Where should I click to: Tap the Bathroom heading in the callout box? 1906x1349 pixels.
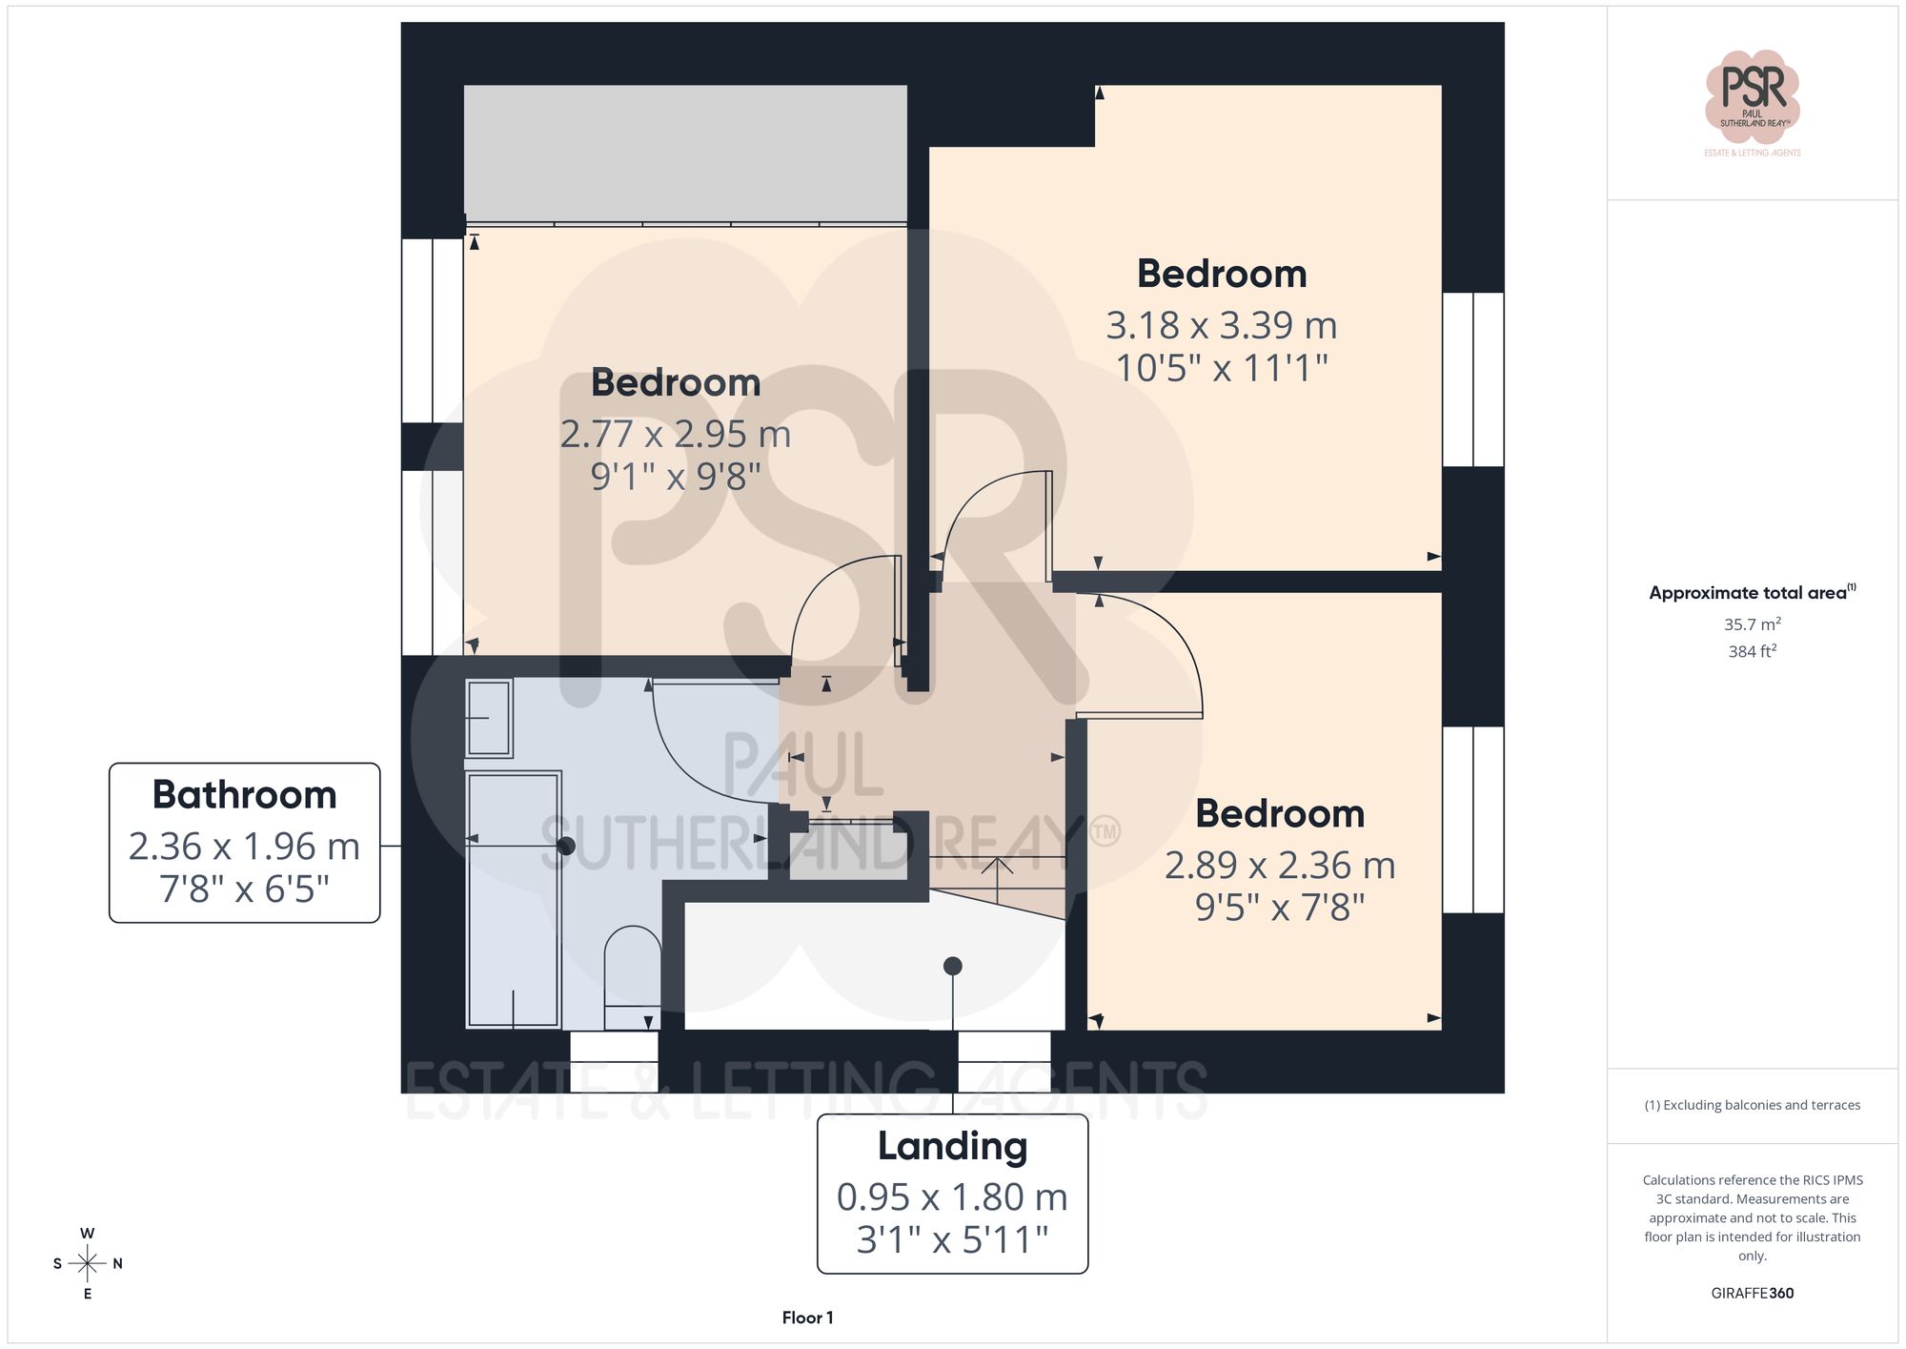tap(245, 795)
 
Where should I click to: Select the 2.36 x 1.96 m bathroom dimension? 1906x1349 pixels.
tap(245, 847)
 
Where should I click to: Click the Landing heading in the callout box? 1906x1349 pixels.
tap(952, 1146)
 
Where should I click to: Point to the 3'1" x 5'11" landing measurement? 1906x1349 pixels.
tap(952, 1239)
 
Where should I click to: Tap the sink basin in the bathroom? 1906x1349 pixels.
tap(489, 717)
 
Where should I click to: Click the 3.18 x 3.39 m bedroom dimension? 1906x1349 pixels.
tap(1221, 326)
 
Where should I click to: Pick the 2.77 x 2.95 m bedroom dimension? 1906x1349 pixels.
tap(675, 435)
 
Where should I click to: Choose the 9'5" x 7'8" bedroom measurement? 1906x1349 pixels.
tap(1279, 908)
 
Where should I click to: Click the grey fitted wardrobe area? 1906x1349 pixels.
tap(685, 153)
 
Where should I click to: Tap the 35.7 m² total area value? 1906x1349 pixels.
tap(1752, 624)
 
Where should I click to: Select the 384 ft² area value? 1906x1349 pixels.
tap(1752, 651)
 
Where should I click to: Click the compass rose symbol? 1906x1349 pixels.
tap(88, 1264)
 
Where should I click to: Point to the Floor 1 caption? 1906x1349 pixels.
tap(807, 1318)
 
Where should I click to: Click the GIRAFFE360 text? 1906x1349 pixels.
tap(1752, 1293)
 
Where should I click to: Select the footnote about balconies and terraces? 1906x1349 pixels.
tap(1752, 1105)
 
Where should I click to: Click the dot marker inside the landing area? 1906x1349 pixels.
tap(952, 966)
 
